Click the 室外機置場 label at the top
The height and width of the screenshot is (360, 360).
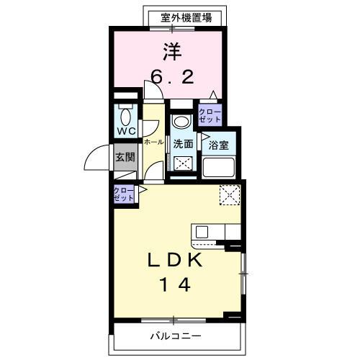coord(186,17)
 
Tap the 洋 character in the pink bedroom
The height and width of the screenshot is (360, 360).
coord(171,52)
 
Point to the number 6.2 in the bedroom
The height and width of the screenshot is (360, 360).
coord(171,77)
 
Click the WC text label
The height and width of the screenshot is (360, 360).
coord(126,131)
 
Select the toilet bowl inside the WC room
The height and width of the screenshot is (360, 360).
coord(127,115)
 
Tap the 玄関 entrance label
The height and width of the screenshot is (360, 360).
coord(125,158)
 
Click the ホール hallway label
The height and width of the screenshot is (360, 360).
coord(153,143)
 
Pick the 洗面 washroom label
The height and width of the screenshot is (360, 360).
coord(183,143)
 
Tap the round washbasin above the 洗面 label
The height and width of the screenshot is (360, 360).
coord(181,120)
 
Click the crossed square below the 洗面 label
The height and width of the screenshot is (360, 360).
coord(184,163)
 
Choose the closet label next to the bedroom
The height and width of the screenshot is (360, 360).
coord(210,114)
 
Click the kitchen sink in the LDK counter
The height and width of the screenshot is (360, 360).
coord(201,232)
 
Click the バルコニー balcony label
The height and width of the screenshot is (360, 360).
coord(176,336)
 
